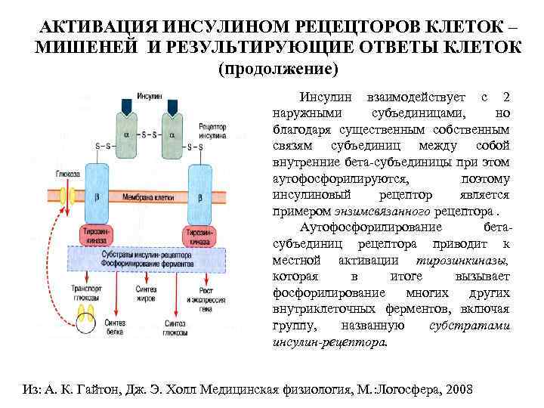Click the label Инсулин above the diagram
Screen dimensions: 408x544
pos(149,96)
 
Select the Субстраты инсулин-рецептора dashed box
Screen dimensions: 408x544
pos(151,259)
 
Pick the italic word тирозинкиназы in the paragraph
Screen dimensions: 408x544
pos(468,260)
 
